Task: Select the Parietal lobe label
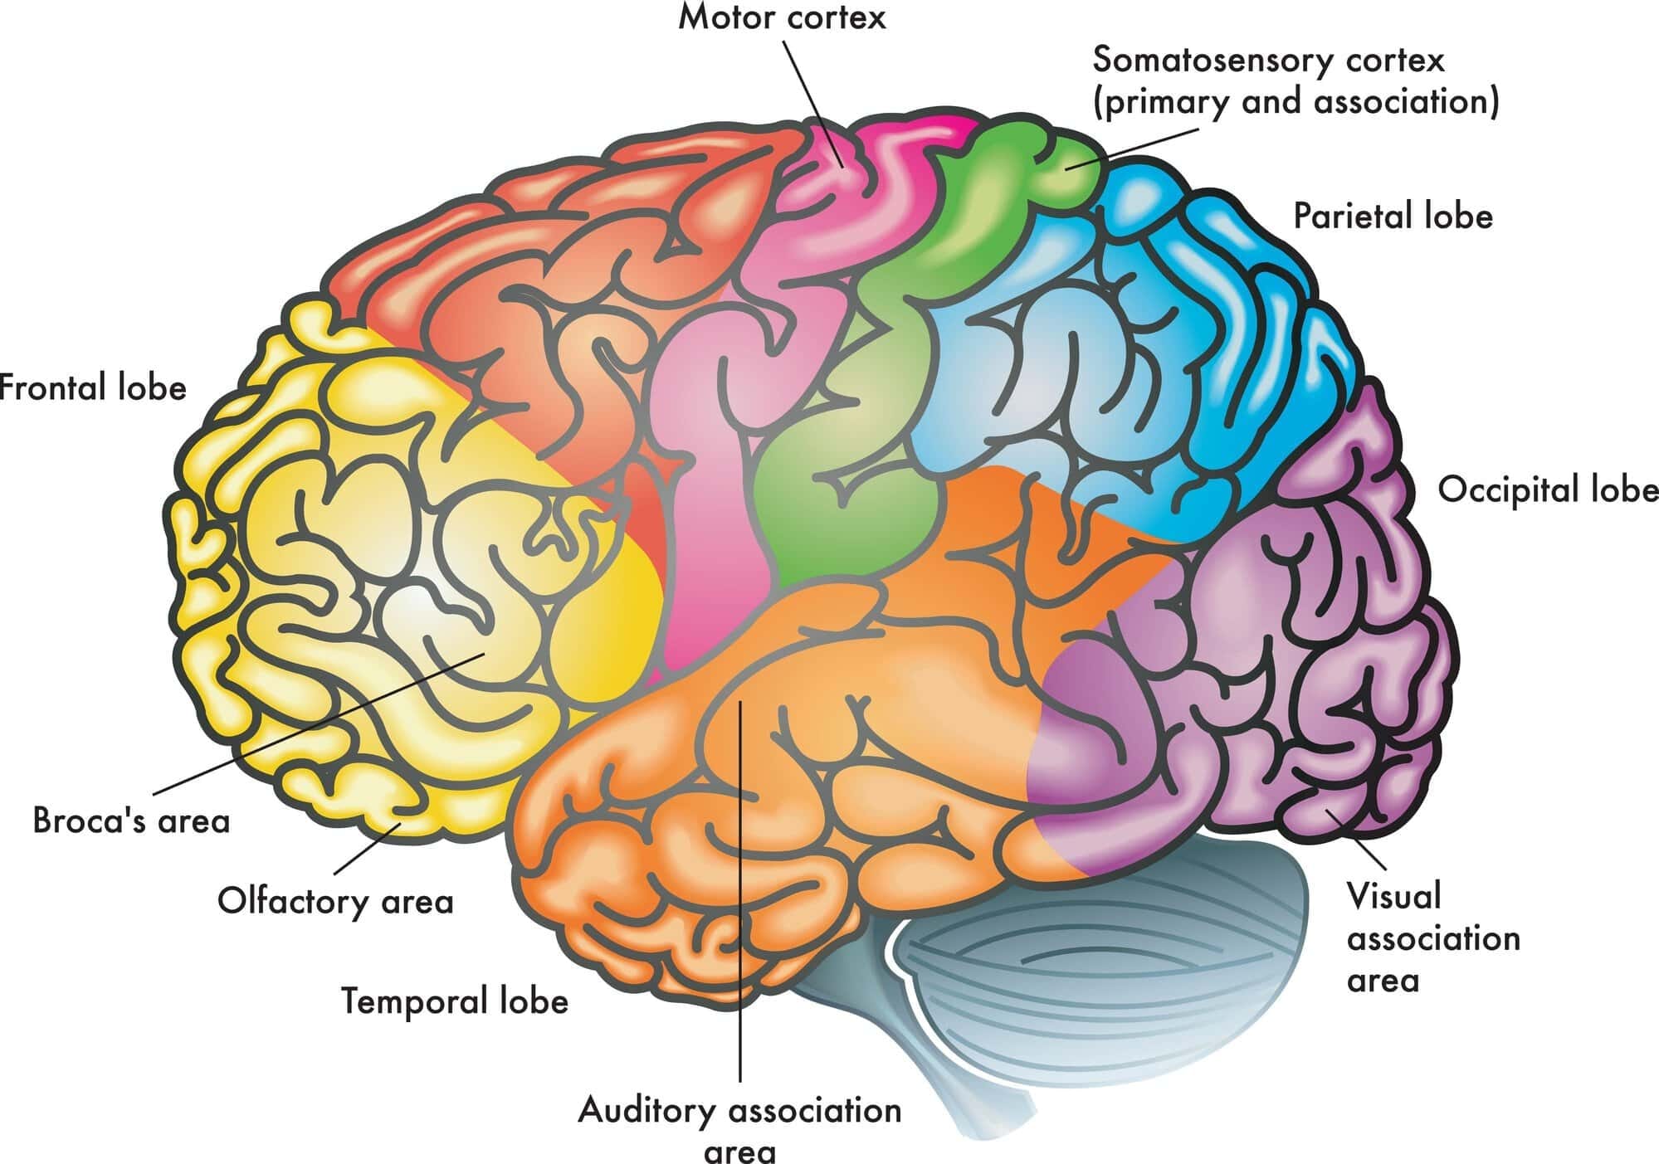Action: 1393,217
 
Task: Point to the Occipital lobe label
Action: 1547,489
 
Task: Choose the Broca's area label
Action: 131,821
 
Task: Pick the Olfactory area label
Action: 335,901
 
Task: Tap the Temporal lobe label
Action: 455,1001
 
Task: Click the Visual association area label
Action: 1432,938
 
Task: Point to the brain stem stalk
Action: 938,1079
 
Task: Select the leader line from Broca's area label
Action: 315,722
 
